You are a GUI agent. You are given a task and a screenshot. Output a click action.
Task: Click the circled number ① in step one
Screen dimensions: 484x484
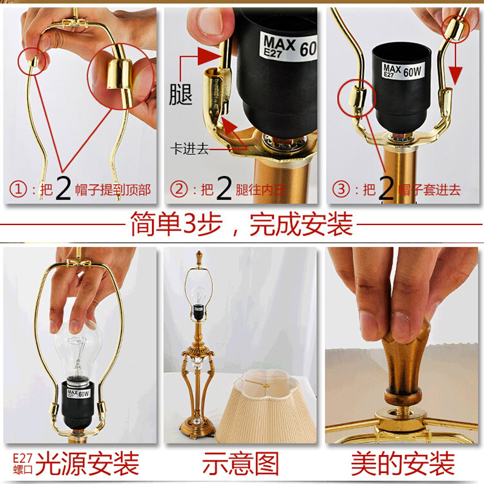pyautogui.click(x=18, y=189)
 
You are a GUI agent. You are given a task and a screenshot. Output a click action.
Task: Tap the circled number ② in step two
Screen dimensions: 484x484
pyautogui.click(x=179, y=189)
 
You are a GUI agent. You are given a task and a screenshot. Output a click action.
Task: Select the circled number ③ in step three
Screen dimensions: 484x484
pyautogui.click(x=341, y=189)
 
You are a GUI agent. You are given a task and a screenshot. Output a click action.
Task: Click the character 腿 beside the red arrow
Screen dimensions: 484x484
pyautogui.click(x=180, y=94)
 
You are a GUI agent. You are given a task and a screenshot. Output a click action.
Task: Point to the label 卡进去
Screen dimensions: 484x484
pyautogui.click(x=190, y=149)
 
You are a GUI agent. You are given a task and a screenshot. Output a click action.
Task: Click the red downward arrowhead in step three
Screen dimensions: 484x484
pyautogui.click(x=456, y=76)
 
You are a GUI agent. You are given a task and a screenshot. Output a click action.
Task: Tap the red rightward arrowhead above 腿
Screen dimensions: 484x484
pyautogui.click(x=209, y=56)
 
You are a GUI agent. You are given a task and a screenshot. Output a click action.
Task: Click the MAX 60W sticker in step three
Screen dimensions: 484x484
pyautogui.click(x=402, y=71)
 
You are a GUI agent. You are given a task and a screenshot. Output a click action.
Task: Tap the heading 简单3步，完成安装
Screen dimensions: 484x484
pyautogui.click(x=241, y=224)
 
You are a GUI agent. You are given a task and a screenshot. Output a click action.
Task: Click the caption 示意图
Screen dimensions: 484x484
pyautogui.click(x=241, y=463)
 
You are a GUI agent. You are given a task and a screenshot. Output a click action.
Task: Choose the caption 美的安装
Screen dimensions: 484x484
pyautogui.click(x=403, y=463)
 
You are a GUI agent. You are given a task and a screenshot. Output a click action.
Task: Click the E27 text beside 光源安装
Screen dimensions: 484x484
pyautogui.click(x=23, y=458)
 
